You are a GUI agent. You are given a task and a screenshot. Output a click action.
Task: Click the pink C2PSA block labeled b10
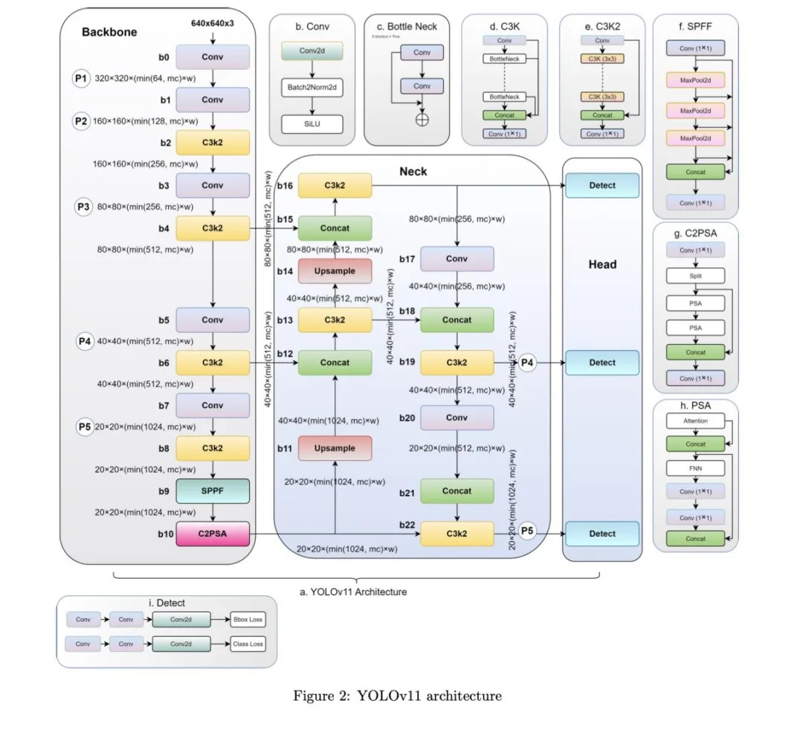(213, 534)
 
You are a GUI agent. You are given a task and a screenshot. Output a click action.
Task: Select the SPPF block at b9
(213, 491)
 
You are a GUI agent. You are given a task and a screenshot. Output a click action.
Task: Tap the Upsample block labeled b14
(335, 271)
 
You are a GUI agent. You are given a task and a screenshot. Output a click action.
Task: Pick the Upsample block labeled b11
(335, 448)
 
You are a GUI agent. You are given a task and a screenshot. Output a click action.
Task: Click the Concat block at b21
(457, 491)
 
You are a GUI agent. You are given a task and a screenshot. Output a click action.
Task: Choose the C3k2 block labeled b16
(335, 186)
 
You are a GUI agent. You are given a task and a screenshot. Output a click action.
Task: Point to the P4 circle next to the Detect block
(527, 363)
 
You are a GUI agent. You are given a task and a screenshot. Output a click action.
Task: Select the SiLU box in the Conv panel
(312, 123)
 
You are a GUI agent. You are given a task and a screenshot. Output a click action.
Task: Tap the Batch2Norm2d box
(312, 88)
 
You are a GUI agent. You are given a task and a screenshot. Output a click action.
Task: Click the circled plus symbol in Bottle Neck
(422, 121)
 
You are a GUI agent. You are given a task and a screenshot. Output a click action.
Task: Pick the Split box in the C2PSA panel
(695, 276)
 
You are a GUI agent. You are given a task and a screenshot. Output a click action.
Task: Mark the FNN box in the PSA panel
(695, 468)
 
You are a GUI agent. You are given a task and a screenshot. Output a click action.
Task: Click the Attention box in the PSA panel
(695, 421)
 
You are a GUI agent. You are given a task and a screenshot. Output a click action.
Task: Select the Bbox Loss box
(247, 619)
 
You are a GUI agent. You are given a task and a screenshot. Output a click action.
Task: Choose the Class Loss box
(247, 644)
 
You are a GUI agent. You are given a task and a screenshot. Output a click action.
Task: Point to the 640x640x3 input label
(213, 24)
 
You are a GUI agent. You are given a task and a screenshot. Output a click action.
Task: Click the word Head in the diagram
(602, 264)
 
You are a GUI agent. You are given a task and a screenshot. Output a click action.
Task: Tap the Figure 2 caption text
(397, 696)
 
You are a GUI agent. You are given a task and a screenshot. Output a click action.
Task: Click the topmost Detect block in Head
(602, 186)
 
